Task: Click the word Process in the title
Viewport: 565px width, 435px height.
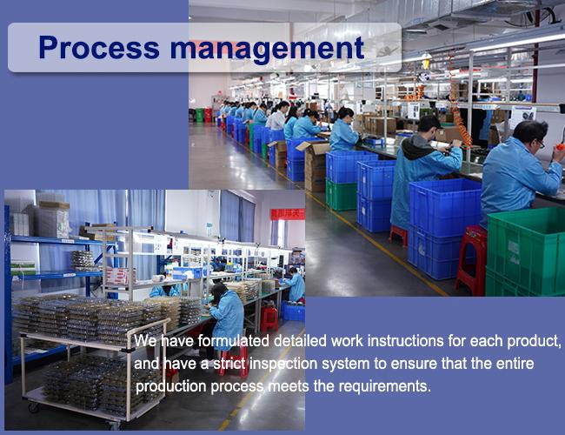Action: coord(99,48)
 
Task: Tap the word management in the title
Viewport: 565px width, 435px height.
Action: coord(267,49)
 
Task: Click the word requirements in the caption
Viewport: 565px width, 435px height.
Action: coord(385,386)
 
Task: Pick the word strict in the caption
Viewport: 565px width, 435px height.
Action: coord(229,364)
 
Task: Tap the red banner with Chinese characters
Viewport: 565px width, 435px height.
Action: coord(288,214)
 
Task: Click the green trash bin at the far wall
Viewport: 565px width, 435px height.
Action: coord(200,115)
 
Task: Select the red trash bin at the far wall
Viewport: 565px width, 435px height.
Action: coord(209,115)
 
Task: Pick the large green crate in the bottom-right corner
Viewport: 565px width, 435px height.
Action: coord(525,252)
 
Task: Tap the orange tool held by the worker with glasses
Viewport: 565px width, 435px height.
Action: coord(560,147)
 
